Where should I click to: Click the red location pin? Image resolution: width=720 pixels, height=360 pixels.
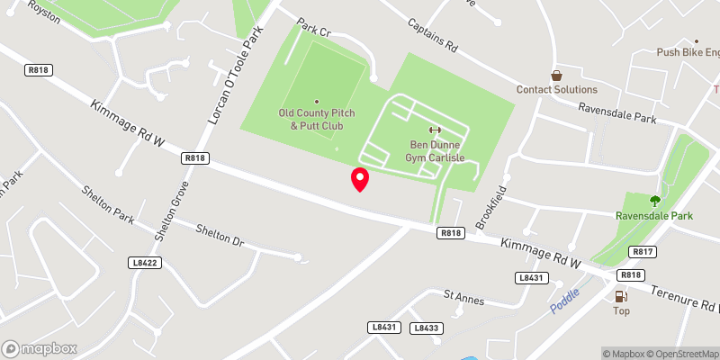click(x=360, y=178)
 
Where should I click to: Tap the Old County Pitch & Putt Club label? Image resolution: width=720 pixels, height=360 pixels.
click(x=316, y=119)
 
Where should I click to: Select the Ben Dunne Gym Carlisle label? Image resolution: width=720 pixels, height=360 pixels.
click(x=437, y=150)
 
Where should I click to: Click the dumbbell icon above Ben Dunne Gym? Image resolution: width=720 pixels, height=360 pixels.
click(x=437, y=130)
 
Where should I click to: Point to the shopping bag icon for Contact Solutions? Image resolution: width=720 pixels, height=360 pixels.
click(x=556, y=76)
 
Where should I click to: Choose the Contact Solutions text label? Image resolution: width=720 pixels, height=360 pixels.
click(x=556, y=90)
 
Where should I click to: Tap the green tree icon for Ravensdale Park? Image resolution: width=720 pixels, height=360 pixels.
click(x=654, y=201)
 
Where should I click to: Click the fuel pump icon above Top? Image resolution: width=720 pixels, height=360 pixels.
click(x=621, y=296)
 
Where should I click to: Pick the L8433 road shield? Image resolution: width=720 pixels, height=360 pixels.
click(x=426, y=328)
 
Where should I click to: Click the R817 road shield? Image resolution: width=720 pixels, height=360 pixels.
click(x=642, y=252)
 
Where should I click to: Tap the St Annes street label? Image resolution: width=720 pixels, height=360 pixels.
click(x=465, y=294)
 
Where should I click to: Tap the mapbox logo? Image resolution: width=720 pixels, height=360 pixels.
click(x=40, y=348)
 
